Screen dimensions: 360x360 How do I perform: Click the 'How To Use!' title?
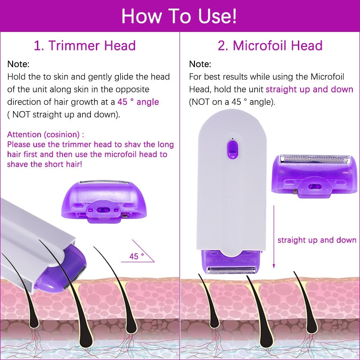tap(179, 16)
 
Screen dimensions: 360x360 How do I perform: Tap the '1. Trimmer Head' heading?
tap(85, 45)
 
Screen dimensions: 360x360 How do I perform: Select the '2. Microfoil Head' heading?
tap(270, 45)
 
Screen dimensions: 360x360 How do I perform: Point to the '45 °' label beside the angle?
tap(136, 256)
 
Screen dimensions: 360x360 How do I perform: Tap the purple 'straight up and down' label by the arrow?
tap(317, 240)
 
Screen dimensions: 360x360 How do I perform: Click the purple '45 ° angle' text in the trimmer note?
tap(138, 102)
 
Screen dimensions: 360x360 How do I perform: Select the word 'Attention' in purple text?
tap(24, 134)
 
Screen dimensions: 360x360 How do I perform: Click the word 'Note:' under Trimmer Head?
tap(18, 64)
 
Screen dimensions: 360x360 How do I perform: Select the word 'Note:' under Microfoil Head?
tap(200, 64)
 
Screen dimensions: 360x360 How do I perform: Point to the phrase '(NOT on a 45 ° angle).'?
tap(231, 102)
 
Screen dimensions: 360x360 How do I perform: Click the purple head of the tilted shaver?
tap(75, 265)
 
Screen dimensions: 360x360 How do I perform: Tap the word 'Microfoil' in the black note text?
tap(333, 77)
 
